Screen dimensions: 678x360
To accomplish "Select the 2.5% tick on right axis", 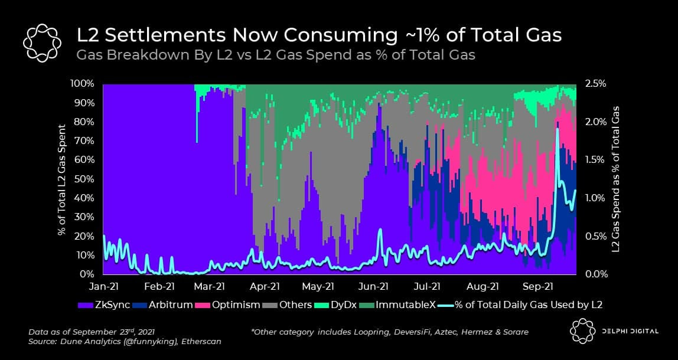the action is (x=595, y=83).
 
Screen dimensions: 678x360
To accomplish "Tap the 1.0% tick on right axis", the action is (x=595, y=198).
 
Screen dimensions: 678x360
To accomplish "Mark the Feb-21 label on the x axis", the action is (x=159, y=287).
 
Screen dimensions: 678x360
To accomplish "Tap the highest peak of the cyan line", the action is (x=557, y=129).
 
